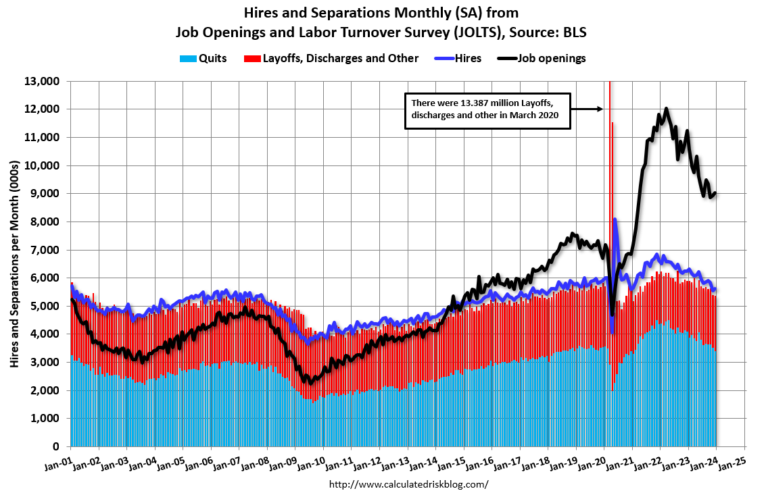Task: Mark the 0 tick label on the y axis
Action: (x=60, y=446)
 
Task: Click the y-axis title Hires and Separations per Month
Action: (x=14, y=263)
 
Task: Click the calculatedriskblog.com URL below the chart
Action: (x=408, y=484)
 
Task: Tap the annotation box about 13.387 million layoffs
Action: (x=487, y=109)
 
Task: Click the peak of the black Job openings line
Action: (x=667, y=108)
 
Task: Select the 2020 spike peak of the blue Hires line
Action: (x=615, y=219)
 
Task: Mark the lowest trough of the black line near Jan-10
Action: (x=310, y=383)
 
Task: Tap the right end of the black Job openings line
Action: (x=715, y=193)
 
